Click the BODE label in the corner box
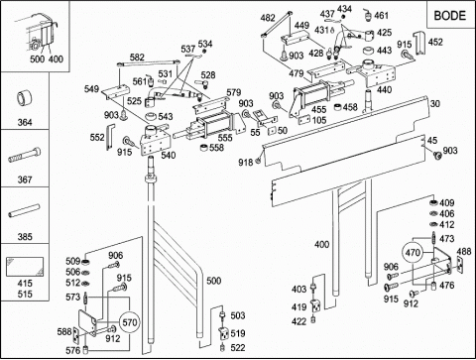coord(449,16)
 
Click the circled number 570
coord(130,322)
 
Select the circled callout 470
coord(413,253)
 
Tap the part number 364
coord(25,122)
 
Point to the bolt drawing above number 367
coord(25,155)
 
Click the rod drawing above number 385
coord(25,211)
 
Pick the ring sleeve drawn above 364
coord(24,98)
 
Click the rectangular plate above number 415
coord(25,267)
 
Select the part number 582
coord(137,57)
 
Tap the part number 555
coord(225,138)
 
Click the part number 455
coord(319,109)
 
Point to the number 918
coord(246,162)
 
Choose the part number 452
coord(435,42)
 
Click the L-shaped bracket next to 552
coord(110,137)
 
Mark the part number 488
coord(464,252)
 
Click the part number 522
coord(238,347)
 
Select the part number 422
coord(298,321)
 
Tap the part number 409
coord(447,202)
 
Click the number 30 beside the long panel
coord(435,103)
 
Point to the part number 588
coord(64,331)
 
